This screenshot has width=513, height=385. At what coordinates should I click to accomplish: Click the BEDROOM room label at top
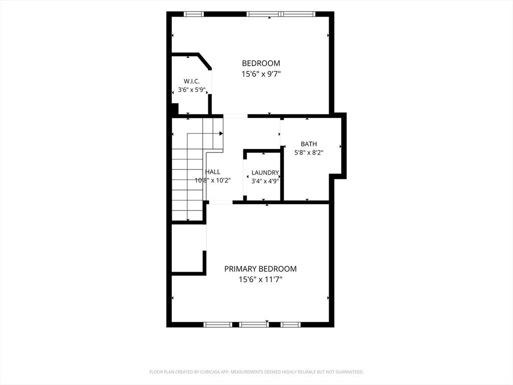261,63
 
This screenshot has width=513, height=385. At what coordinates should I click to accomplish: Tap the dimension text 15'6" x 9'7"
261,74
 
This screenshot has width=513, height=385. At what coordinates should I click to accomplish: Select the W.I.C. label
191,82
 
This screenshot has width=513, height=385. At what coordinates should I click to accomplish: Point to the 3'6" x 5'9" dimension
191,89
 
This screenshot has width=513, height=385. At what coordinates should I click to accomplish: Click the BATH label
309,144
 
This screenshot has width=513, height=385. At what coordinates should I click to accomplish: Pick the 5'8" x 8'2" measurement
309,152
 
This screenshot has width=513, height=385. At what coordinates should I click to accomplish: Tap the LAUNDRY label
265,173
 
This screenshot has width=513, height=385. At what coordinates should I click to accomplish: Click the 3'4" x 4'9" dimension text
265,181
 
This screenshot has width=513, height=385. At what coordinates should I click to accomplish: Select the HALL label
212,172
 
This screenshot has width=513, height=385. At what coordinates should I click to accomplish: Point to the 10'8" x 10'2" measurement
213,180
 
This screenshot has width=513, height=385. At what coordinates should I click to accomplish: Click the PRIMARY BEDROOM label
261,269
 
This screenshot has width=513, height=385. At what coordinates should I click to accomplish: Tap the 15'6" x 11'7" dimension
261,280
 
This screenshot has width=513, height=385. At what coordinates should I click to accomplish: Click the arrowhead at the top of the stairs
221,133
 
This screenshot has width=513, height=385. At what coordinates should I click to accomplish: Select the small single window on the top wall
193,14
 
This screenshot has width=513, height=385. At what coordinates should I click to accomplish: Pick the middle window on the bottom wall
253,324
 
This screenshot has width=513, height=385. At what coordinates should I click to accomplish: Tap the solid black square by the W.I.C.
175,109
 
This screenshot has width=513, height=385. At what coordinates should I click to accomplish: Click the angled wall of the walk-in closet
205,62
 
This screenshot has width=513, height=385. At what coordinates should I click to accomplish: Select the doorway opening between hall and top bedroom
235,116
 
